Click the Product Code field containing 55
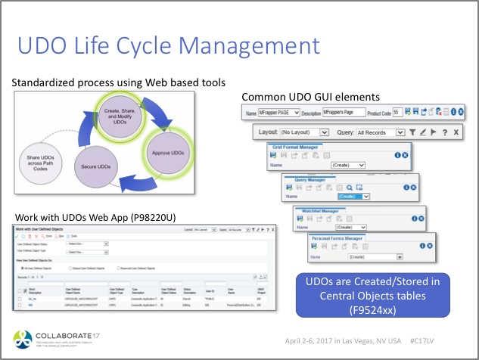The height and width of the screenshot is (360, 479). click(397, 112)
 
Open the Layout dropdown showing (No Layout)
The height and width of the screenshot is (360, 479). click(302, 132)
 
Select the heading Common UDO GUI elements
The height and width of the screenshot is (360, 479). click(310, 98)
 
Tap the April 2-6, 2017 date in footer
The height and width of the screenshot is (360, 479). click(313, 342)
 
